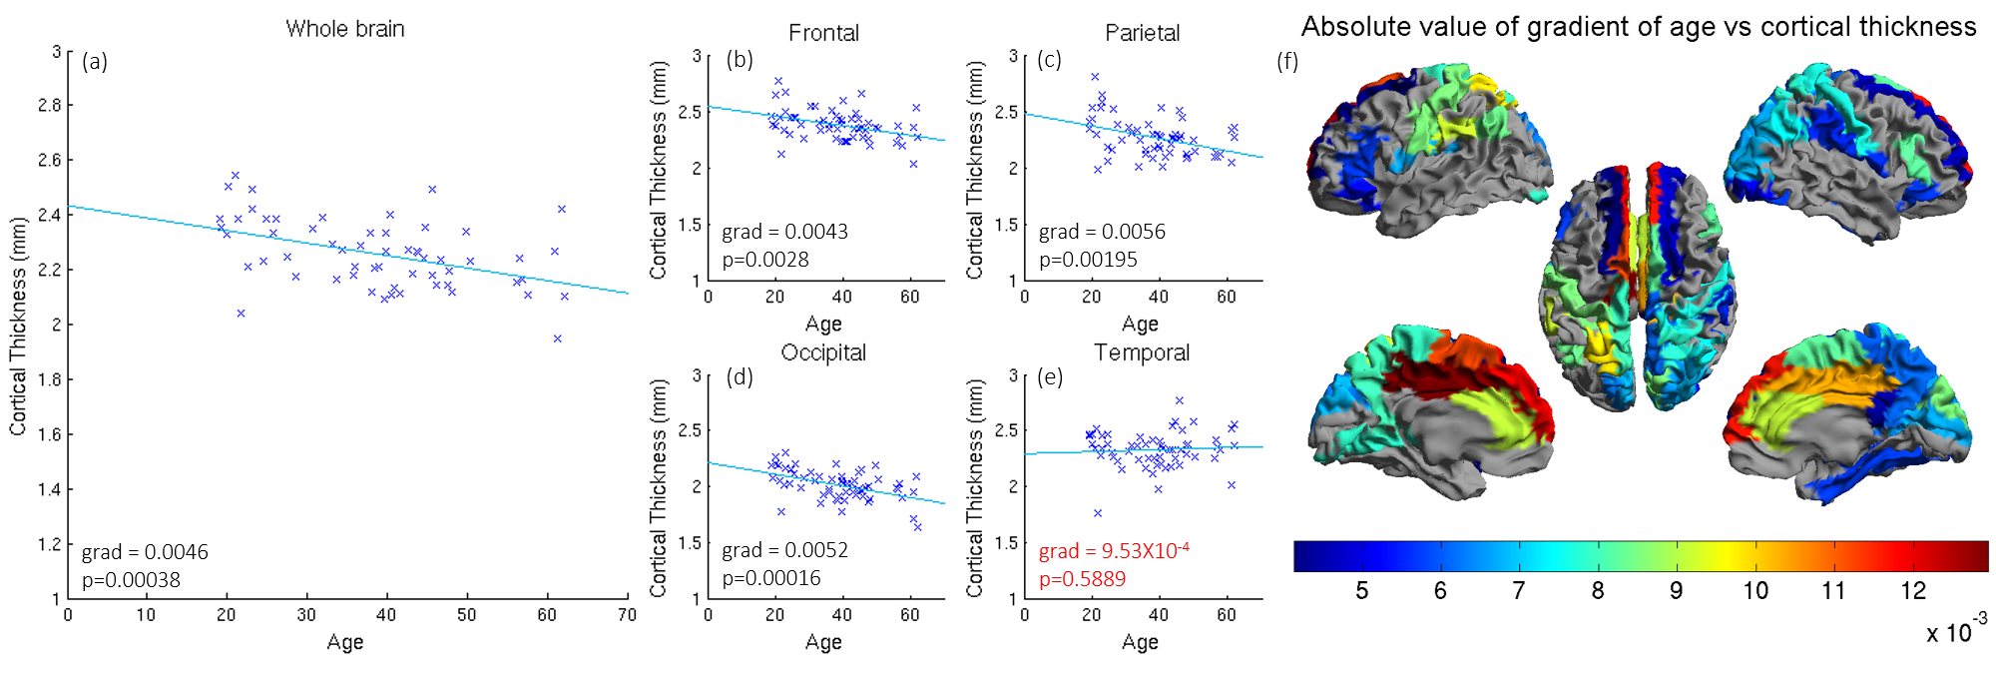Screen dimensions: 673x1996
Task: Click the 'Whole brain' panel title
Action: point(345,29)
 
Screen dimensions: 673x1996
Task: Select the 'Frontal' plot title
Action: point(823,33)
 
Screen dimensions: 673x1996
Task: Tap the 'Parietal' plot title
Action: point(1142,33)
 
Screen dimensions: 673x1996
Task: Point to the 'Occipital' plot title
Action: point(823,352)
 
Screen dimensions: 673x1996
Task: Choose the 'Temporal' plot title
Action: point(1142,352)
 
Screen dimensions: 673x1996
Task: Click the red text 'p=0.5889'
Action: point(1082,579)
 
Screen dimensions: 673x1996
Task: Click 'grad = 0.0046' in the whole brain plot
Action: point(145,552)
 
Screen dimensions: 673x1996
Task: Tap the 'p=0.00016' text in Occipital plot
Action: point(771,578)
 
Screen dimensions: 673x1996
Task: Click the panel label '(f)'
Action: point(1287,62)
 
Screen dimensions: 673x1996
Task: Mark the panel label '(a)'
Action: point(95,62)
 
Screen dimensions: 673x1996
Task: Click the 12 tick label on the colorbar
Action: point(1912,591)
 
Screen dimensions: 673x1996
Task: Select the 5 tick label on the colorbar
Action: point(1361,591)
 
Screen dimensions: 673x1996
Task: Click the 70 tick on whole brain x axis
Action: point(627,615)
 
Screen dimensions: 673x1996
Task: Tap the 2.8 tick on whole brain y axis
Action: point(49,105)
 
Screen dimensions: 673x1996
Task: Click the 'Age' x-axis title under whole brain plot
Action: point(345,642)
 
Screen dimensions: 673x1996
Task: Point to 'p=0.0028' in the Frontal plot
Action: point(765,260)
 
